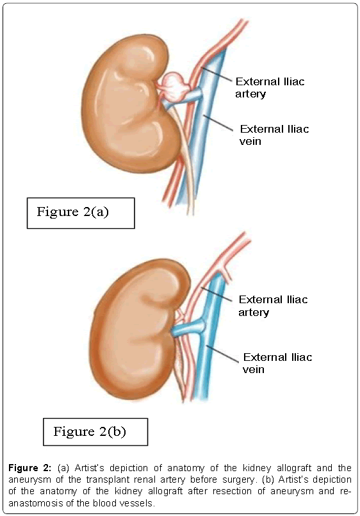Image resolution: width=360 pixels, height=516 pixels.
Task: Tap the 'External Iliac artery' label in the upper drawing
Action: coord(270,88)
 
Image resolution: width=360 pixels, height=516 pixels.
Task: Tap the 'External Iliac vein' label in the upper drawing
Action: coord(274,135)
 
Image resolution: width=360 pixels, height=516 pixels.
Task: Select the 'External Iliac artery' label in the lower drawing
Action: coord(273,306)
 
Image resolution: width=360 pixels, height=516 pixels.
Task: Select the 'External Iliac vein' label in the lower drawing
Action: coord(277,363)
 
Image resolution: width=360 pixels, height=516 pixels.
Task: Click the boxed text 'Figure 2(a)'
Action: coord(72,212)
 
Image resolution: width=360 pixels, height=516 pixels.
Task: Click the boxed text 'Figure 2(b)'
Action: coord(90,431)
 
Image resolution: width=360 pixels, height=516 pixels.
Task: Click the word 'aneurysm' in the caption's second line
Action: coord(29,479)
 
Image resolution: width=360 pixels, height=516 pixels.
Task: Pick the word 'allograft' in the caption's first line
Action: coord(293,468)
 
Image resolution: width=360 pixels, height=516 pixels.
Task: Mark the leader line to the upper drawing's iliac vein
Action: coord(218,122)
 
